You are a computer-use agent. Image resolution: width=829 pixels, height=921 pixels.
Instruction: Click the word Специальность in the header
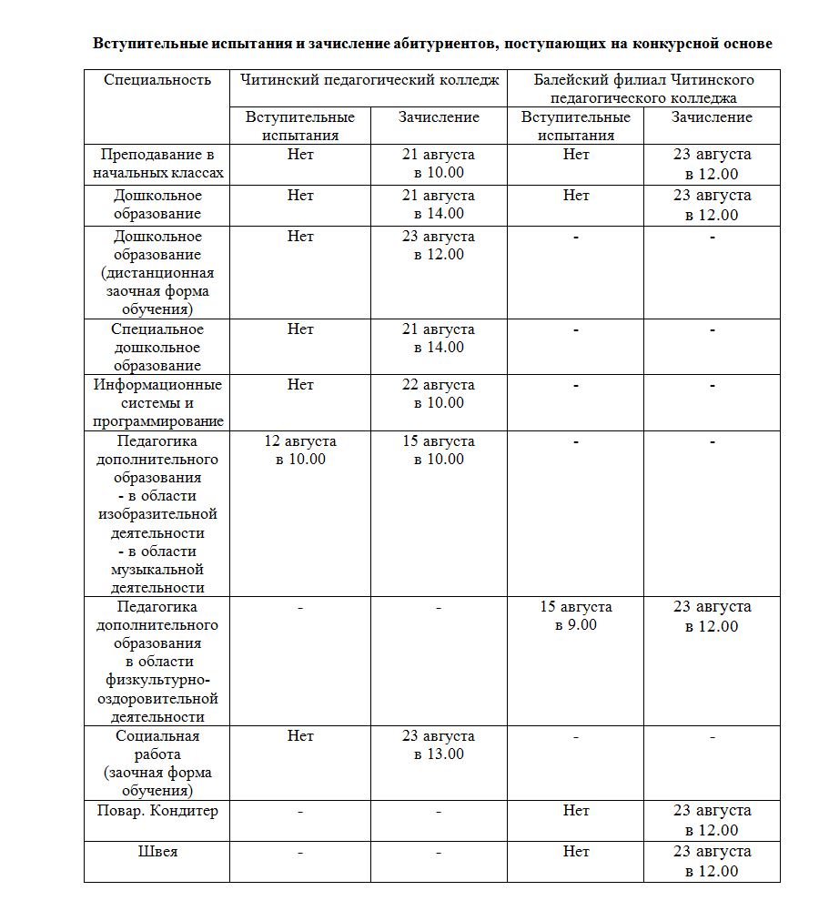(157, 80)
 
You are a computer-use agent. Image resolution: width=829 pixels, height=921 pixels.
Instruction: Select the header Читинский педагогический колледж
(369, 80)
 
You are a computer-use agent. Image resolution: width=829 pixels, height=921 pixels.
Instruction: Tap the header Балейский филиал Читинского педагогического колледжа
(642, 88)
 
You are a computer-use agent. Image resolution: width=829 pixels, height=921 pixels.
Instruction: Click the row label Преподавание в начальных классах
(157, 164)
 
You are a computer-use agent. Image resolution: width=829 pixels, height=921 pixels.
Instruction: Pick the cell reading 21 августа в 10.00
(439, 164)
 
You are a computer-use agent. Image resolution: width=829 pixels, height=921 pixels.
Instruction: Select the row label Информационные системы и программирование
(157, 403)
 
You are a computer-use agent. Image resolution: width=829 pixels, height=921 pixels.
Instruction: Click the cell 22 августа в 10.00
(439, 394)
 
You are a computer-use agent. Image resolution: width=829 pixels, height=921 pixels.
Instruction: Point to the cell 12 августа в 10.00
(300, 450)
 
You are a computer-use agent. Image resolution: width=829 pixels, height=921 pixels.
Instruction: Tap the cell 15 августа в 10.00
(439, 450)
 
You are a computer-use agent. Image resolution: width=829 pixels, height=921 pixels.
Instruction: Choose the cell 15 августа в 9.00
(576, 616)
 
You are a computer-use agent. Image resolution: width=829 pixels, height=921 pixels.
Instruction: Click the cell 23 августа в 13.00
(439, 745)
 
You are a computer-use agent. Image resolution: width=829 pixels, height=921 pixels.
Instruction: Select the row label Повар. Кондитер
(157, 811)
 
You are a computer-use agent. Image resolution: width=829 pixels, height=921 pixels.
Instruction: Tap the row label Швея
(157, 852)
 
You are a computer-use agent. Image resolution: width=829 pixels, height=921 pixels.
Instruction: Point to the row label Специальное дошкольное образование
(157, 348)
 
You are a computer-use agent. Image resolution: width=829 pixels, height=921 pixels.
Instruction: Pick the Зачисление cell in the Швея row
(712, 861)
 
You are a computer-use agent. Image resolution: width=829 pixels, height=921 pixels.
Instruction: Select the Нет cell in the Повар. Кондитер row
(576, 811)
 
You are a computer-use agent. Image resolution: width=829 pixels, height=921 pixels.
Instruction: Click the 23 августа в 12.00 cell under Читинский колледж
(439, 246)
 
